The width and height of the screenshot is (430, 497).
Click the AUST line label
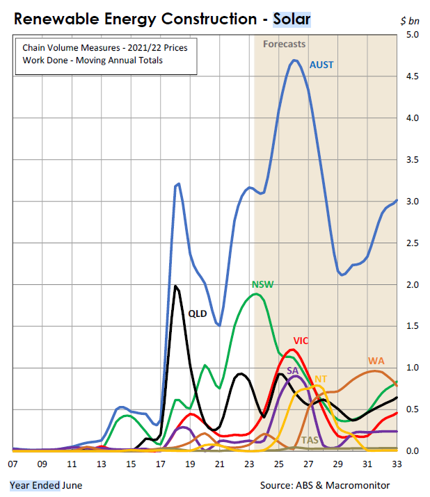[321, 65]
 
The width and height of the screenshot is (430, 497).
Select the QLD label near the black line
[198, 313]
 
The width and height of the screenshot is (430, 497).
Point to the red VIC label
[301, 341]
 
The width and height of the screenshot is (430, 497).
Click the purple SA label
[292, 371]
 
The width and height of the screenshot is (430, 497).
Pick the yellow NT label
[321, 379]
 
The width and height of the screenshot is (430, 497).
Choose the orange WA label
[376, 361]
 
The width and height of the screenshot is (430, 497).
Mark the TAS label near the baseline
[310, 441]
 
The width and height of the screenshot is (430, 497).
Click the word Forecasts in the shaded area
[284, 44]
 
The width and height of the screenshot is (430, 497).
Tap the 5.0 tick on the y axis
[412, 35]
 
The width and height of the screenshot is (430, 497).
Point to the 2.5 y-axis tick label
[412, 243]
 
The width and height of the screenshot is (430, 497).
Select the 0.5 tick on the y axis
[412, 409]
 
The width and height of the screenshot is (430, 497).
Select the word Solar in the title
[292, 19]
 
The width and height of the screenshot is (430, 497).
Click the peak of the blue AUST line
[295, 60]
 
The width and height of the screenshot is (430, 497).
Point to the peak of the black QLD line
[175, 286]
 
